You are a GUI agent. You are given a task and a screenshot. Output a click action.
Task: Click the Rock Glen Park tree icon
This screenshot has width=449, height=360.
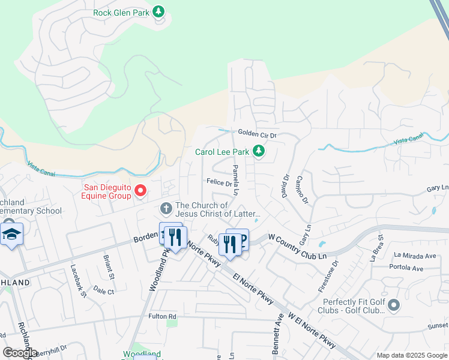pos(158,11)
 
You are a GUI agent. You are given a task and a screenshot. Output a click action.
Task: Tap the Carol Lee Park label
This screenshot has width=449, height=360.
pos(221,152)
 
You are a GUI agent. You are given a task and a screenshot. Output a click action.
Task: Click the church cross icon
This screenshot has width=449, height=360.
pos(166,209)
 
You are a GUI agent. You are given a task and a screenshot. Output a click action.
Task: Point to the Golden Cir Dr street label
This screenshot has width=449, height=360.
pos(256,134)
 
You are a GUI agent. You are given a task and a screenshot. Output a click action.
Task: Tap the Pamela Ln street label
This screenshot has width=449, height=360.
pos(235,179)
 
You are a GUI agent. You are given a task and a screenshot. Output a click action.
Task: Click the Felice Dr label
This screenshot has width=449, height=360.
pos(219,182)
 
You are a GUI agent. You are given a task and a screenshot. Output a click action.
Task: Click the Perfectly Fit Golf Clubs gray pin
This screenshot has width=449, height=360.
pos(394,305)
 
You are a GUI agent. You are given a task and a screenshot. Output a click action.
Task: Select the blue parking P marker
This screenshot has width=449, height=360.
pos(242,239)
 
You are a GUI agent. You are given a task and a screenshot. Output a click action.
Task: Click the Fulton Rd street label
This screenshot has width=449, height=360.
pos(163,316)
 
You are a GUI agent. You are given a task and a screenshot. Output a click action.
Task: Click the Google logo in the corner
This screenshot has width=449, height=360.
pos(20,353)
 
